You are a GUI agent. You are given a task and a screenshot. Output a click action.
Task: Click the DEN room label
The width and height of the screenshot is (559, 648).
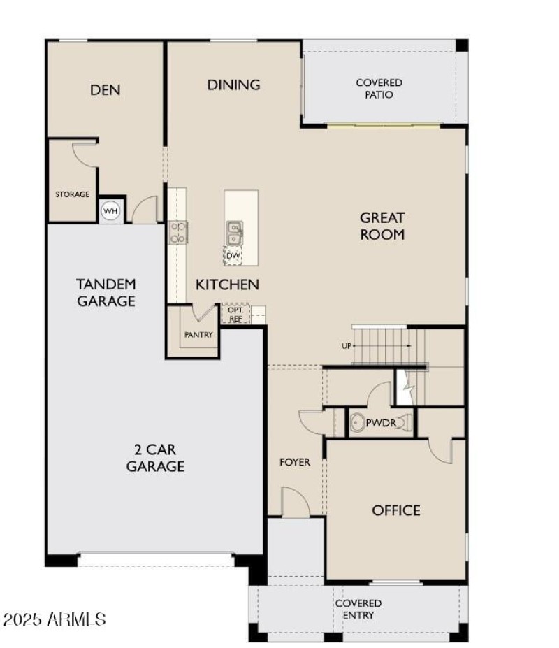[x=106, y=89]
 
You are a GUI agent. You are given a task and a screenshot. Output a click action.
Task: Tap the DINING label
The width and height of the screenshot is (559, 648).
[x=233, y=85]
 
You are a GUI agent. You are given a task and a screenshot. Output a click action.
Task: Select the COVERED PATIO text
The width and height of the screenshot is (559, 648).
[x=379, y=89]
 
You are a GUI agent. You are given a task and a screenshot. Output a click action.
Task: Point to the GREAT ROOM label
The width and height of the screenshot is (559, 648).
[x=382, y=226]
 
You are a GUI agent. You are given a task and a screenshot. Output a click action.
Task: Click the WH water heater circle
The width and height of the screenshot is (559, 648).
[x=110, y=210]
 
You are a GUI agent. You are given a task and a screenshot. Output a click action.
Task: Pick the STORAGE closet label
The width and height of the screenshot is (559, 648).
[x=73, y=194]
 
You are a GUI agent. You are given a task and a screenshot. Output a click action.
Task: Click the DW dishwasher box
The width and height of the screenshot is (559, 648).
[x=233, y=256]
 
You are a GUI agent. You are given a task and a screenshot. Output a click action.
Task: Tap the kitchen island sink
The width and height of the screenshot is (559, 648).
[x=234, y=231]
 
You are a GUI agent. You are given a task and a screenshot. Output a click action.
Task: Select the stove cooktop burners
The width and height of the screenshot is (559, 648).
[x=177, y=232]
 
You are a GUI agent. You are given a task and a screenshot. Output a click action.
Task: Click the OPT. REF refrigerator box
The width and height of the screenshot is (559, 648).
[x=235, y=314]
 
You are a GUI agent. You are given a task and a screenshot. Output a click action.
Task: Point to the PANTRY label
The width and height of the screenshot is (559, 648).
[x=198, y=335]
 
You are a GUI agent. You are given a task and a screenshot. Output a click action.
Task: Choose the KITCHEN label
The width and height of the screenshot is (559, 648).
[x=227, y=285]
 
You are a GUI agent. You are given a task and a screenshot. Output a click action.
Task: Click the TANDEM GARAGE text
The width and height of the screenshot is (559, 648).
[x=106, y=293]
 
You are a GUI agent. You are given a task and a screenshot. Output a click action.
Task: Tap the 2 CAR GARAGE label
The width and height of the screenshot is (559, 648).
[x=155, y=458]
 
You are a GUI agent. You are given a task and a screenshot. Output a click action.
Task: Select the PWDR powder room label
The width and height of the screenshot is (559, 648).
[x=382, y=423]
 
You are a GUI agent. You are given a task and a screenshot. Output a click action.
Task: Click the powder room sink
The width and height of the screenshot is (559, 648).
[x=358, y=423]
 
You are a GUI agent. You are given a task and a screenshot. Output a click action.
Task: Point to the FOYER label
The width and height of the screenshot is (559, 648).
[x=294, y=462]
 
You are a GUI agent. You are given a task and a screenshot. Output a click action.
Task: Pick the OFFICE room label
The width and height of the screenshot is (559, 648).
[x=396, y=510]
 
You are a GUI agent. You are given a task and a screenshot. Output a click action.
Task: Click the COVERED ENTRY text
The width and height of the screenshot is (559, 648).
[x=358, y=609]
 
